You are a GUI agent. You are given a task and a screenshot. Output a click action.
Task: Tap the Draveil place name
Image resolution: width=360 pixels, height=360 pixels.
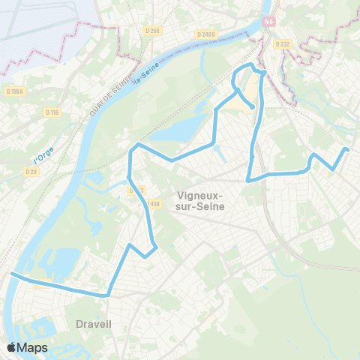[x=94, y=324]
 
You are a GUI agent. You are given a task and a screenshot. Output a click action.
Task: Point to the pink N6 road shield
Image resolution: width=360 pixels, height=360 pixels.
[x=268, y=23]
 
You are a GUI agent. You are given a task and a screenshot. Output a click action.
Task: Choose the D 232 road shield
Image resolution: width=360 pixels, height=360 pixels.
[x=283, y=44]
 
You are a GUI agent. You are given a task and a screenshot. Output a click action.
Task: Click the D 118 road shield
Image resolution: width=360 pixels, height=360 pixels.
[x=51, y=112]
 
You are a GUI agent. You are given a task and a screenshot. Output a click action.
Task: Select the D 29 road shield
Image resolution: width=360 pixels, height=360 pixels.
[x=31, y=172]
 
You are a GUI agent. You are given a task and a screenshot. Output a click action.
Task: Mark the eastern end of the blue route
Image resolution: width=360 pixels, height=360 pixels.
[x=346, y=149]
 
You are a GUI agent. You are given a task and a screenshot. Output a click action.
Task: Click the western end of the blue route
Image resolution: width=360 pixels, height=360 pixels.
[x=11, y=274]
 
